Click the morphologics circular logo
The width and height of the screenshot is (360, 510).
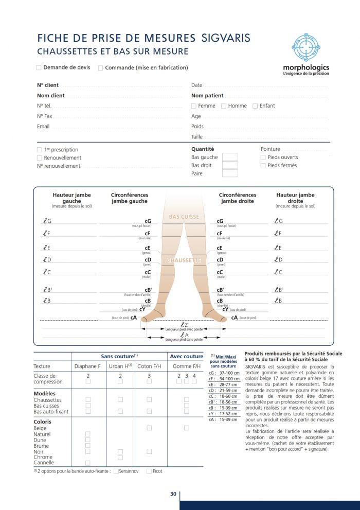click(x=305, y=47)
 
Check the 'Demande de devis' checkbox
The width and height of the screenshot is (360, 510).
click(x=39, y=67)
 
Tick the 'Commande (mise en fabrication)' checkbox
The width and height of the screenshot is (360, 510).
click(x=101, y=67)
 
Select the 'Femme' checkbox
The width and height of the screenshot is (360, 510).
click(x=194, y=106)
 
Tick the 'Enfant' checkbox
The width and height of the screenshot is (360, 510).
click(x=255, y=106)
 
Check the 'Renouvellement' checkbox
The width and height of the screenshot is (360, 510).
click(x=40, y=158)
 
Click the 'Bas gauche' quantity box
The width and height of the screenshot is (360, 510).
click(x=230, y=157)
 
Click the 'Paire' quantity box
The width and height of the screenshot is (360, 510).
click(x=230, y=173)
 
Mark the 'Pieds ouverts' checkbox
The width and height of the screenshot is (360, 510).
click(x=263, y=157)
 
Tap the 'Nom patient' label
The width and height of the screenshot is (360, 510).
click(x=207, y=95)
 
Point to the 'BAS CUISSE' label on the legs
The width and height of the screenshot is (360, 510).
click(x=184, y=217)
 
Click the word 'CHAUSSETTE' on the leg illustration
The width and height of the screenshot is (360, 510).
click(x=184, y=260)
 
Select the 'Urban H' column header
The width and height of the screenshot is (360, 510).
click(x=120, y=366)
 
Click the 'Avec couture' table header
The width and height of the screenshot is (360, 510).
click(x=186, y=356)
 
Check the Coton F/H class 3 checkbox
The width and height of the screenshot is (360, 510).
click(x=149, y=381)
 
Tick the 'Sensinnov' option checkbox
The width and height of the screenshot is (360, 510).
click(x=116, y=471)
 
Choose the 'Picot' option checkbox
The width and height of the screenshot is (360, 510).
click(x=149, y=471)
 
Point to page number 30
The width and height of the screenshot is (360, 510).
click(x=173, y=494)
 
